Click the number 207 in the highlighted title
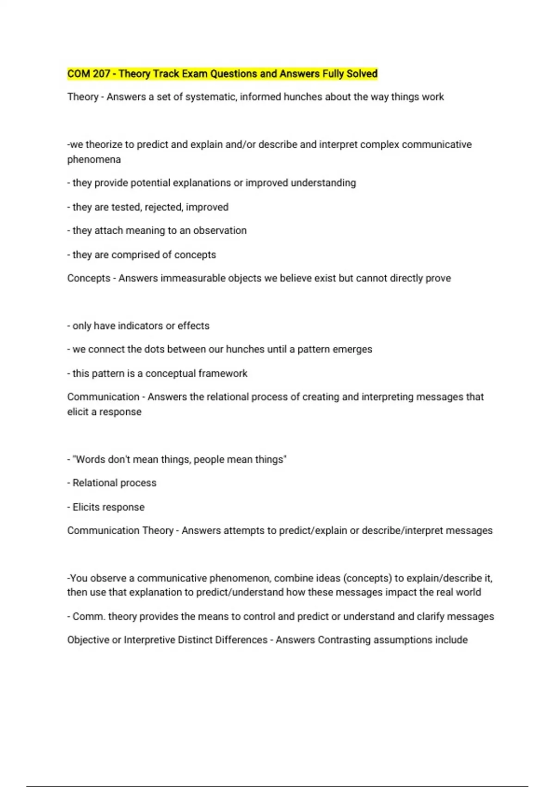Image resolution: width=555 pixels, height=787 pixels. tap(101, 74)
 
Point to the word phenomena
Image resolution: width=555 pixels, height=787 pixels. tap(94, 160)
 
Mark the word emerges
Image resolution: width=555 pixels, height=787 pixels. tap(353, 350)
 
